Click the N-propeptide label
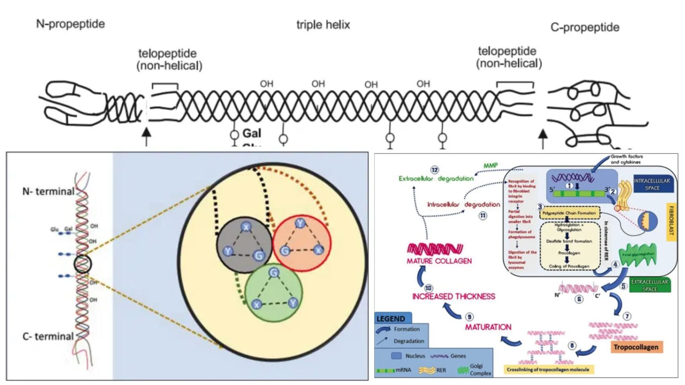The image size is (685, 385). [x=70, y=24]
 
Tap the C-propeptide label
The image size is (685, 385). [x=585, y=28]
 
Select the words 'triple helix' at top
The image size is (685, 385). [x=323, y=25]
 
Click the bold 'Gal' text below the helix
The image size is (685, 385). [x=252, y=133]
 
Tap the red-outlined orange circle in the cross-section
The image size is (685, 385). [x=301, y=243]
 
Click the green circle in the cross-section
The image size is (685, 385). [x=274, y=292]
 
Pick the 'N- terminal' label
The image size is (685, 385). [x=49, y=192]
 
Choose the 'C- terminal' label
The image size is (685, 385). [x=48, y=336]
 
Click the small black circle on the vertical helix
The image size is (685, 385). [x=82, y=264]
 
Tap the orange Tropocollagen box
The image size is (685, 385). [x=635, y=347]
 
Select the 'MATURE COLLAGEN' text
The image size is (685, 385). [x=439, y=261]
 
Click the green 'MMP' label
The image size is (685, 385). [x=491, y=166]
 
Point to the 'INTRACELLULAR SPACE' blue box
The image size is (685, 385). [x=652, y=184]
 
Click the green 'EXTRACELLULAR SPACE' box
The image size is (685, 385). [x=649, y=285]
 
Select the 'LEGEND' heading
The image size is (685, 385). [x=391, y=319]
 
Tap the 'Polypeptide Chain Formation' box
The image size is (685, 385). [x=569, y=213]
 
